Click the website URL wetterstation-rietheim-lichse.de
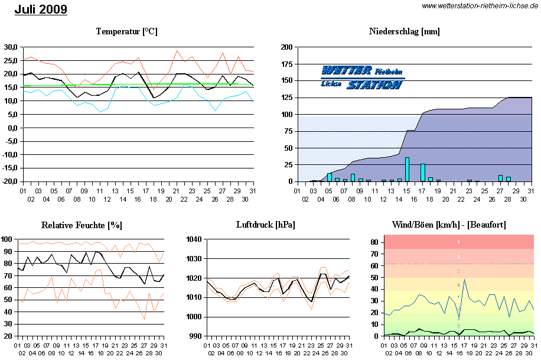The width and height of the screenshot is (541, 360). click(480, 6)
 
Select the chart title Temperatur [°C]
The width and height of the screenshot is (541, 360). click(127, 31)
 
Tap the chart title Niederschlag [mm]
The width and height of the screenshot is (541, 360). click(405, 31)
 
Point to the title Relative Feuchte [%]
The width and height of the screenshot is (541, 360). click(82, 225)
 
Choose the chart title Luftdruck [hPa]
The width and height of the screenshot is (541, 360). click(266, 225)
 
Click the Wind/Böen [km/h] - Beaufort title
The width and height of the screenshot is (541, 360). click(449, 225)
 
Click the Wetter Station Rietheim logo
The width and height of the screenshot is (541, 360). click(363, 77)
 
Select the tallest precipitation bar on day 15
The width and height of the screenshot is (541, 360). click(407, 170)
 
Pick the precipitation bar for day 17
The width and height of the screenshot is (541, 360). click(423, 173)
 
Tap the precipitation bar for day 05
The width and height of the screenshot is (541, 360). click(330, 177)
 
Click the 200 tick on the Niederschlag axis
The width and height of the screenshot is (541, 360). click(286, 47)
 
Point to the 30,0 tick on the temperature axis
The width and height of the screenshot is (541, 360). click(10, 47)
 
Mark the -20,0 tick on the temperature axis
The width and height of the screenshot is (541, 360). click(9, 181)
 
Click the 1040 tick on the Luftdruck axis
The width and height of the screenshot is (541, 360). click(194, 239)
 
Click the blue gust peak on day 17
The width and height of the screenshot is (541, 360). click(464, 280)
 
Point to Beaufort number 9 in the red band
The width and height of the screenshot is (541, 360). click(459, 242)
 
